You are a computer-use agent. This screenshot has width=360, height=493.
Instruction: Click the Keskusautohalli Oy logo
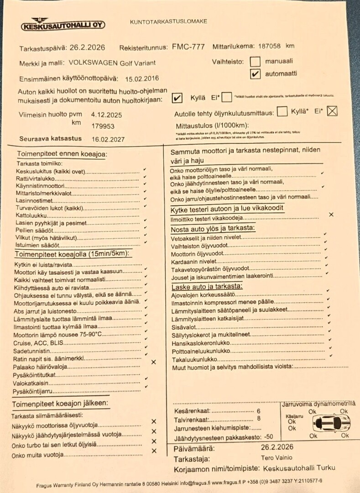tap(63, 24)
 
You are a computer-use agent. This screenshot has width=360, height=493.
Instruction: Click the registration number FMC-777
tap(188, 47)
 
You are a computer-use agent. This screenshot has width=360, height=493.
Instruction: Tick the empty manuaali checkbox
tap(256, 62)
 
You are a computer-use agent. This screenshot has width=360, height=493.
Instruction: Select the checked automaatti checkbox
tap(256, 74)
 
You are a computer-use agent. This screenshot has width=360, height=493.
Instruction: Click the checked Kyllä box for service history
tap(177, 98)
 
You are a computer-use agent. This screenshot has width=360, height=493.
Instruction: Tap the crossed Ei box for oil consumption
tap(332, 110)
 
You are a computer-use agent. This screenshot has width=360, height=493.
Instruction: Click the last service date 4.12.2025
tap(106, 115)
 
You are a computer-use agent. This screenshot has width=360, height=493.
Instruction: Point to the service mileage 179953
tap(103, 126)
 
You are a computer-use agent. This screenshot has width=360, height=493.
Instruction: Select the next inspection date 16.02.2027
tap(108, 139)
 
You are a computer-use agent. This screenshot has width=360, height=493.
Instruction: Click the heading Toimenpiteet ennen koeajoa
tap(62, 154)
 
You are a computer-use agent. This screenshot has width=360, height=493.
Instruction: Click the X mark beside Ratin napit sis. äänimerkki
tap(153, 362)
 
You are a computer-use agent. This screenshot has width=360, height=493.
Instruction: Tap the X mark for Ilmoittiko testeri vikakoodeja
tap(331, 214)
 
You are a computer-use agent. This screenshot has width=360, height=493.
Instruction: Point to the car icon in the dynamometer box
tap(329, 423)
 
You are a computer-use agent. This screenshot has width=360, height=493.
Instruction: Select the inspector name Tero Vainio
tap(277, 458)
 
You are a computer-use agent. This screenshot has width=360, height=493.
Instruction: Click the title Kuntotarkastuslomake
tap(168, 21)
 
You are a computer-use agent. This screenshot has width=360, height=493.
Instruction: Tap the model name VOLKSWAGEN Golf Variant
tap(113, 63)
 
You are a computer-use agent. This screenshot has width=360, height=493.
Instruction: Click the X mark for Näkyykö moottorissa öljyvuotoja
tap(154, 421)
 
